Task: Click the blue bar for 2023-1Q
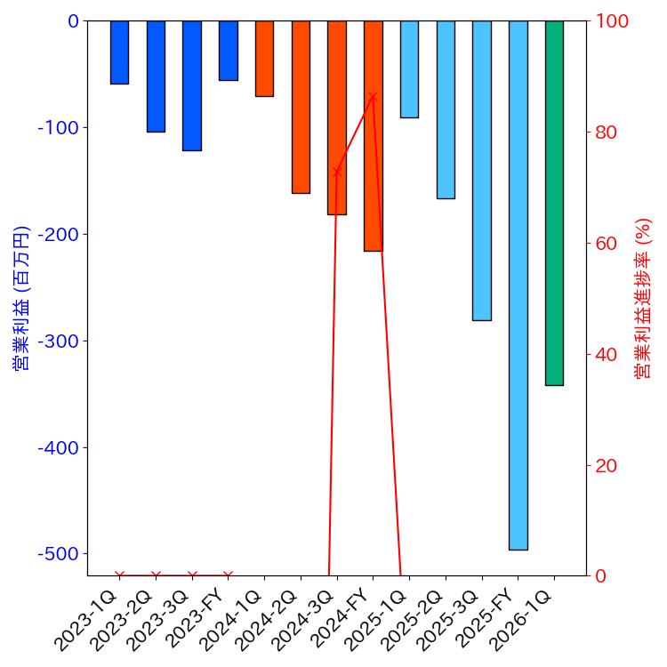pyautogui.click(x=119, y=52)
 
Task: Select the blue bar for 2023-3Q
pyautogui.click(x=192, y=85)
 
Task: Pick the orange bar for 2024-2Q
pyautogui.click(x=301, y=107)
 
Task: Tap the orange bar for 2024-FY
pyautogui.click(x=373, y=136)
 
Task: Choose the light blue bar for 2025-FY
pyautogui.click(x=518, y=285)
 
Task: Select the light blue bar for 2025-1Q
pyautogui.click(x=409, y=69)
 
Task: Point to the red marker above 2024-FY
pyautogui.click(x=373, y=97)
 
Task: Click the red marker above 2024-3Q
pyautogui.click(x=337, y=172)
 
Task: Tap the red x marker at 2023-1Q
pyautogui.click(x=119, y=575)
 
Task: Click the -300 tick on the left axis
pyautogui.click(x=59, y=341)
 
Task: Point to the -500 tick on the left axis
pyautogui.click(x=59, y=553)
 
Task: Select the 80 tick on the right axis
pyautogui.click(x=612, y=133)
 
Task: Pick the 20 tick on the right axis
pyautogui.click(x=612, y=465)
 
